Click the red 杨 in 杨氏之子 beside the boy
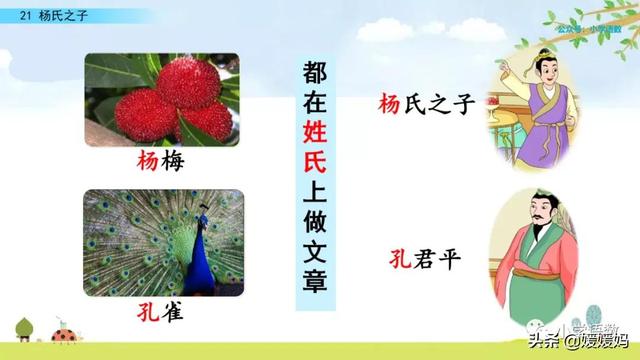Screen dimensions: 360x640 point(389,103)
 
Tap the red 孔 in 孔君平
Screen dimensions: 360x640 point(397,264)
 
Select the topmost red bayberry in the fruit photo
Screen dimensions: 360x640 point(146,78)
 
